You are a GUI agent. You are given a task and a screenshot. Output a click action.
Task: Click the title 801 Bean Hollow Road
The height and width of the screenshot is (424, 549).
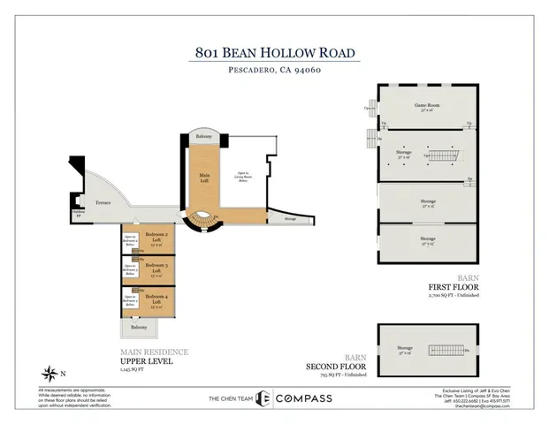(277, 52)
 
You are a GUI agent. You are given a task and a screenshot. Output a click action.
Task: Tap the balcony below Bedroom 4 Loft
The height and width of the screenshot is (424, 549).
(139, 328)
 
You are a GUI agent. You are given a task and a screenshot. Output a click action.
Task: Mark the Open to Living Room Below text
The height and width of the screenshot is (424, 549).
(236, 177)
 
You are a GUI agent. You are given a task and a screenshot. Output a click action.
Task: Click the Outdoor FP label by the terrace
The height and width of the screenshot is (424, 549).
(79, 211)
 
